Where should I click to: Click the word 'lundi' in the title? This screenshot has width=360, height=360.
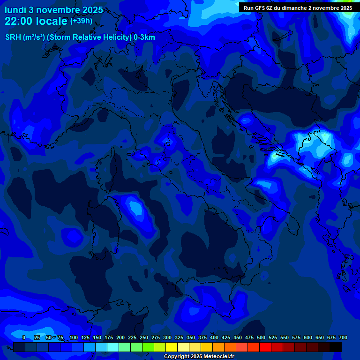[x=15, y=10]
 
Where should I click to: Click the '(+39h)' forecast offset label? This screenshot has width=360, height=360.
[x=82, y=21]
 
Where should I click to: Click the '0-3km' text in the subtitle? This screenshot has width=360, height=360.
[x=144, y=37]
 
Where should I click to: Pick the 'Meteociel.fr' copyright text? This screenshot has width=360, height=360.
[x=216, y=357]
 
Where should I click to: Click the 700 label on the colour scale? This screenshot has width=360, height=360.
[x=343, y=337]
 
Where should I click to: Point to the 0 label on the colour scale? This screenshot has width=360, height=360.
[x=24, y=337]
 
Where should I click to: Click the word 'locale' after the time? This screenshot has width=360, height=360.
[x=51, y=22]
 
